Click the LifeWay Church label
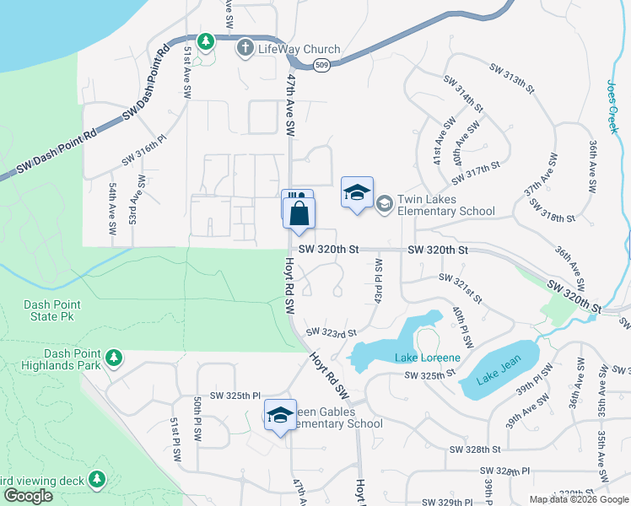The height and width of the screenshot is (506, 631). click(x=299, y=49)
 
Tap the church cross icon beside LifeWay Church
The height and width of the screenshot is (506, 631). click(x=245, y=48)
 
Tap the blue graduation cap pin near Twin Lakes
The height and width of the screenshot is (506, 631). click(x=357, y=194)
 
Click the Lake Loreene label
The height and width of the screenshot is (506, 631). click(x=428, y=358)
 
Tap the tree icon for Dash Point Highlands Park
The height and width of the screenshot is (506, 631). click(x=113, y=359)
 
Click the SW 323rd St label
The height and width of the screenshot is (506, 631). click(x=332, y=332)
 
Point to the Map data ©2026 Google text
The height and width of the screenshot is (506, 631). click(x=579, y=499)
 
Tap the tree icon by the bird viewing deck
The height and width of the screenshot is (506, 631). click(x=97, y=479)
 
